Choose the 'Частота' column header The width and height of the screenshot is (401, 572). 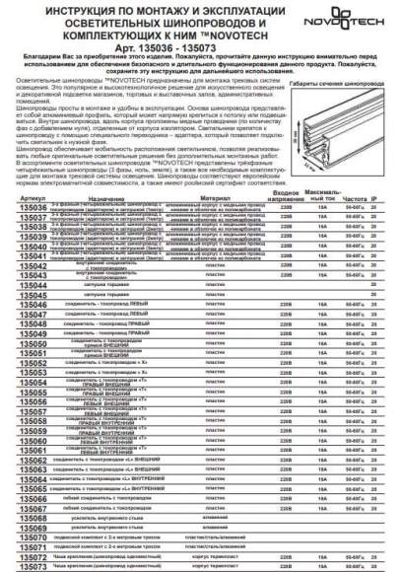pos(353,226)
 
